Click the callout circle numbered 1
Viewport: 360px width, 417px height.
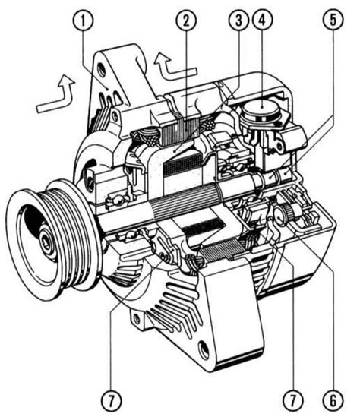point(83,21)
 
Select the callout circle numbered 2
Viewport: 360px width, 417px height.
point(186,21)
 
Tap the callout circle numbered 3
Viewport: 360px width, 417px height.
point(238,21)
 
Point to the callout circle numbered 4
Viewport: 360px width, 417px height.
point(262,21)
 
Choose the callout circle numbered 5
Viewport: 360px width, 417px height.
point(333,21)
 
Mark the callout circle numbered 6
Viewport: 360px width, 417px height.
point(333,401)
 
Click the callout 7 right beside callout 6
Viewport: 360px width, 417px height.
point(293,401)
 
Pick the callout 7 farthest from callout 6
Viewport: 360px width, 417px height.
point(111,401)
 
